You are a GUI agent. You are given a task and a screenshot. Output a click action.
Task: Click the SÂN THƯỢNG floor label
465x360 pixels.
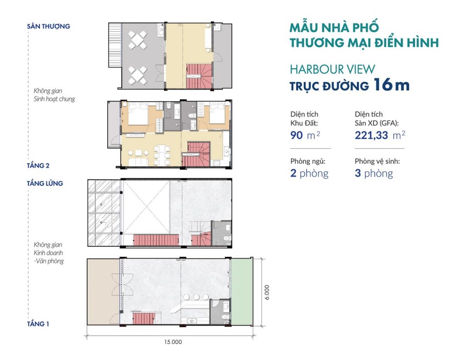pyautogui.click(x=48, y=26)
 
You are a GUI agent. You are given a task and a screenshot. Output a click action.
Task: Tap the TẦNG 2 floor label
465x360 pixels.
pyautogui.click(x=38, y=165)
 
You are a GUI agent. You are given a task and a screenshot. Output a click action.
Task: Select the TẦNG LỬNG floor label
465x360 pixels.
pyautogui.click(x=45, y=184)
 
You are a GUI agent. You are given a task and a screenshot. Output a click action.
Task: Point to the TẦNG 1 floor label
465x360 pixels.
pyautogui.click(x=38, y=324)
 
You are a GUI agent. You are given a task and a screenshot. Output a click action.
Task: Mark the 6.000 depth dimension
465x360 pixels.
pyautogui.click(x=267, y=292)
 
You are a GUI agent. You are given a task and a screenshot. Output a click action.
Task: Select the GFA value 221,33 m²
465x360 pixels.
pyautogui.click(x=380, y=135)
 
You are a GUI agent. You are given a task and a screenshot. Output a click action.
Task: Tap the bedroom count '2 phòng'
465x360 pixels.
pyautogui.click(x=309, y=173)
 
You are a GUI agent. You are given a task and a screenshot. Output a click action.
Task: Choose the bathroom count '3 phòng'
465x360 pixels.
pyautogui.click(x=374, y=173)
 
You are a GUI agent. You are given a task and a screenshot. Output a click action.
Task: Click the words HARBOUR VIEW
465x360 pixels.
pyautogui.click(x=332, y=70)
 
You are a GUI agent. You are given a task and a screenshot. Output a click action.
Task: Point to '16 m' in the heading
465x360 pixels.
pyautogui.click(x=391, y=85)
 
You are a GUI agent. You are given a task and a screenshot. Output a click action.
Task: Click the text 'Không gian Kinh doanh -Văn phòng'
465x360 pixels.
pyautogui.click(x=48, y=253)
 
